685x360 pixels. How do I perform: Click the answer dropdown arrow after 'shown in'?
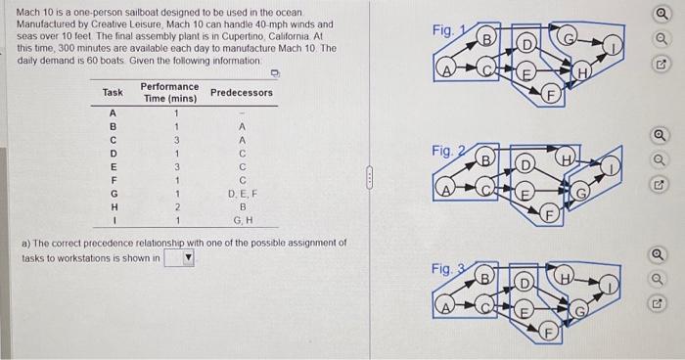(189, 258)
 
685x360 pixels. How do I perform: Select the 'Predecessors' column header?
(242, 93)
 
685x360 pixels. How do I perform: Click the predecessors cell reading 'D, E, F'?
(242, 194)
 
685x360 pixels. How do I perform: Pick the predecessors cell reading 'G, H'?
(242, 220)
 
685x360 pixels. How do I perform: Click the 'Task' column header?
(113, 93)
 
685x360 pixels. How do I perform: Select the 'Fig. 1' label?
(444, 31)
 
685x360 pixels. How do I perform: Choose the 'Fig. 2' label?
(444, 152)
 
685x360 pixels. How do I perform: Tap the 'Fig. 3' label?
(444, 267)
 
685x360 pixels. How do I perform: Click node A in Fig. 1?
(447, 70)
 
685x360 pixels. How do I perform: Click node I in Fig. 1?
(612, 45)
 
